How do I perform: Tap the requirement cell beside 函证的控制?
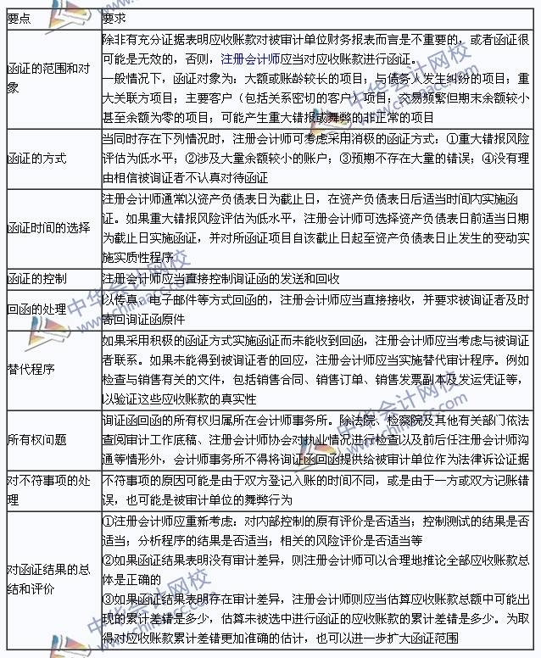220,278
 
